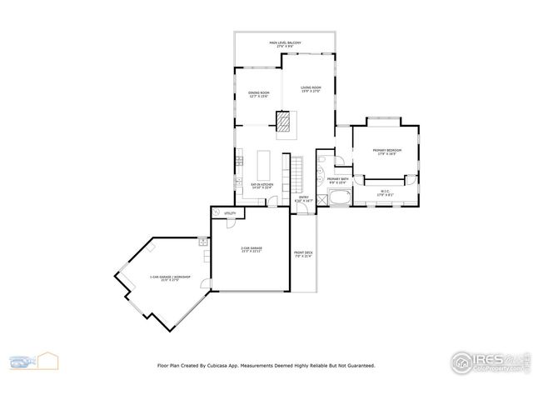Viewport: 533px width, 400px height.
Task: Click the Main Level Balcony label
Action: (x=285, y=43)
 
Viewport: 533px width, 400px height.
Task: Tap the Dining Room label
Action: (x=259, y=94)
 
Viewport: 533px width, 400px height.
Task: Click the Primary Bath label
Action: (x=337, y=181)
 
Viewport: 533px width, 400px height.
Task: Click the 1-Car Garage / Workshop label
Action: (x=169, y=277)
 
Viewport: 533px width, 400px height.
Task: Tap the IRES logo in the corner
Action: (x=487, y=361)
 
